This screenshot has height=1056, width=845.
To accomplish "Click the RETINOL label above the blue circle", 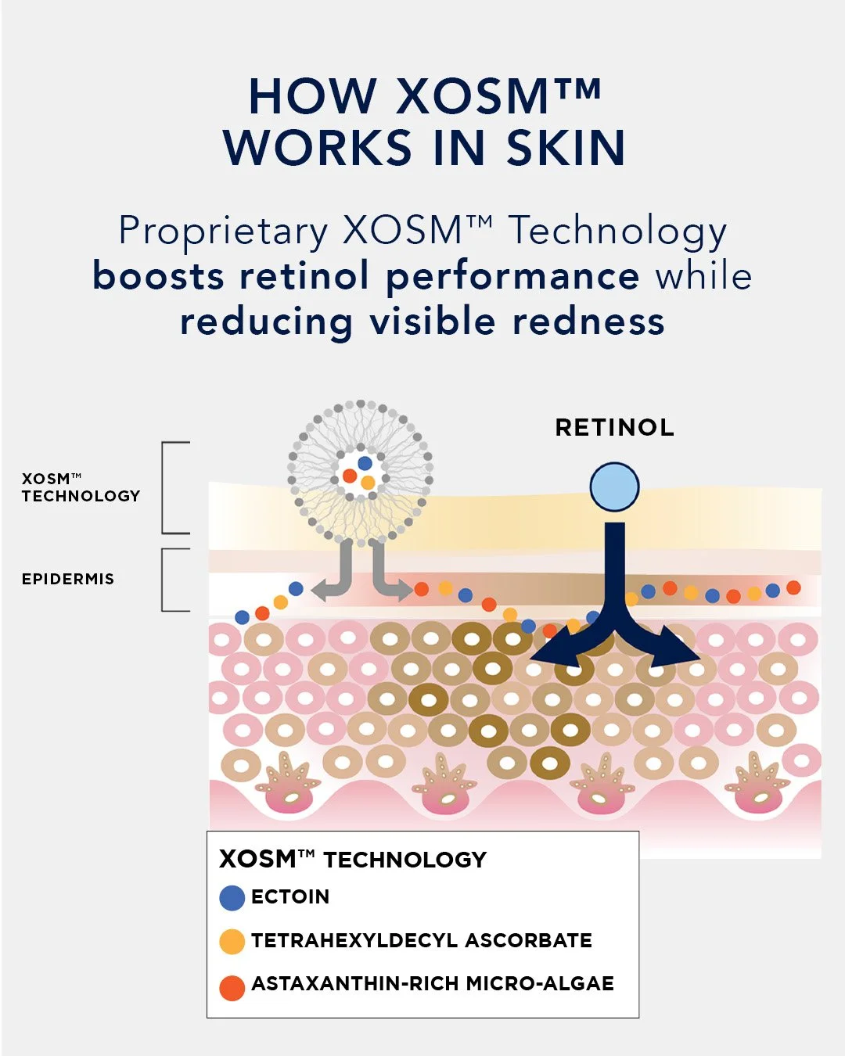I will [614, 427].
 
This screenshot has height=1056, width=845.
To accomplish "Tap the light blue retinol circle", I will [614, 487].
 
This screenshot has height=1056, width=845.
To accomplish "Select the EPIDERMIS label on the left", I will [68, 579].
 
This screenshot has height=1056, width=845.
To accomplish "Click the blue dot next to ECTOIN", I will [232, 898].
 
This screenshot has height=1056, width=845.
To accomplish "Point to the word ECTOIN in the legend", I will [290, 896].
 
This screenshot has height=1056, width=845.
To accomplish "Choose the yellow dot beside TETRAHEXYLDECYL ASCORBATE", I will [232, 942].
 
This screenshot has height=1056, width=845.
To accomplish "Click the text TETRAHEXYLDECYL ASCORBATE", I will [421, 940].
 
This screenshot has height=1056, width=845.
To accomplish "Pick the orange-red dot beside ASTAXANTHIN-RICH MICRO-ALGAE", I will [232, 987].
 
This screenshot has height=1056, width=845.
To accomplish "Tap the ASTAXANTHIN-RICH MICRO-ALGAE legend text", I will [432, 983].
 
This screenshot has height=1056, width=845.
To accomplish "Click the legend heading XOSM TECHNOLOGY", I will [353, 859].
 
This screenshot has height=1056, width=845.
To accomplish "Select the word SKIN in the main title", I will [566, 148].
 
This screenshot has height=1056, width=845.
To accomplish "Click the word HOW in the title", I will [312, 96].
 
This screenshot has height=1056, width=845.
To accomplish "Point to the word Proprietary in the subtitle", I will [223, 231].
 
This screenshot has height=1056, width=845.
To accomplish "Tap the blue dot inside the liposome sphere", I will [365, 463].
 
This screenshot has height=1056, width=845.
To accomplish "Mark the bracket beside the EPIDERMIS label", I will [174, 580].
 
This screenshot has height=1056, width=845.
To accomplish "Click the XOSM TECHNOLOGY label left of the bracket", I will [81, 487].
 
